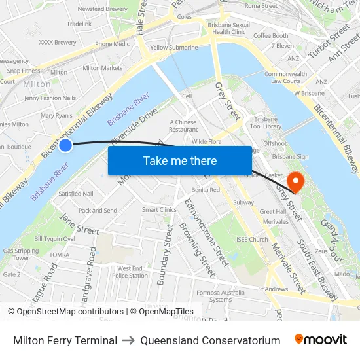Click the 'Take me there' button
(x=180, y=160)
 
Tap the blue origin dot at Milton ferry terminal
(x=65, y=145)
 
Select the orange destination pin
(x=296, y=181)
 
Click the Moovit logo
(x=321, y=340)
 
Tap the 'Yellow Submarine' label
(x=173, y=48)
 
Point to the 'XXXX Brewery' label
(x=58, y=42)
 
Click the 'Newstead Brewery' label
(x=102, y=9)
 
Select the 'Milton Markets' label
(x=102, y=68)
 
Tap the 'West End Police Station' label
(x=129, y=272)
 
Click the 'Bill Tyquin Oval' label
(x=54, y=239)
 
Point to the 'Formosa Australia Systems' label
(x=221, y=295)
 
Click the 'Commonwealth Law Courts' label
(x=285, y=77)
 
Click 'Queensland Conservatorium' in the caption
(x=210, y=340)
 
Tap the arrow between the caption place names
(x=128, y=340)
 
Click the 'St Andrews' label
(x=273, y=289)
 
